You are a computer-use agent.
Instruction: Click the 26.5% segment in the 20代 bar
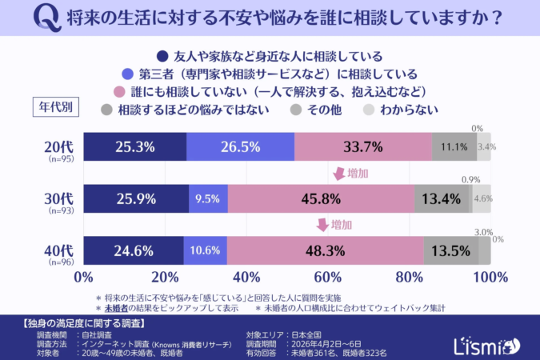pyautogui.click(x=240, y=147)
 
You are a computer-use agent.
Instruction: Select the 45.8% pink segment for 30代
pyautogui.click(x=321, y=198)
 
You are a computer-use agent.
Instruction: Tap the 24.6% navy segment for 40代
pyautogui.click(x=133, y=250)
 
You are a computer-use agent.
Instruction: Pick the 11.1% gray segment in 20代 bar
pyautogui.click(x=454, y=147)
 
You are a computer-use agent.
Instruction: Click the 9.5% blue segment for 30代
pyautogui.click(x=208, y=198)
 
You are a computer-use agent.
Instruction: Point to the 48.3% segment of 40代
pyautogui.click(x=326, y=250)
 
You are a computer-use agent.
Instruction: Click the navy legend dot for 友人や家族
pyautogui.click(x=162, y=56)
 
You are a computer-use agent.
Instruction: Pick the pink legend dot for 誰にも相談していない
pyautogui.click(x=121, y=91)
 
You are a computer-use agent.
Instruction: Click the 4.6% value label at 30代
pyautogui.click(x=482, y=198)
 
